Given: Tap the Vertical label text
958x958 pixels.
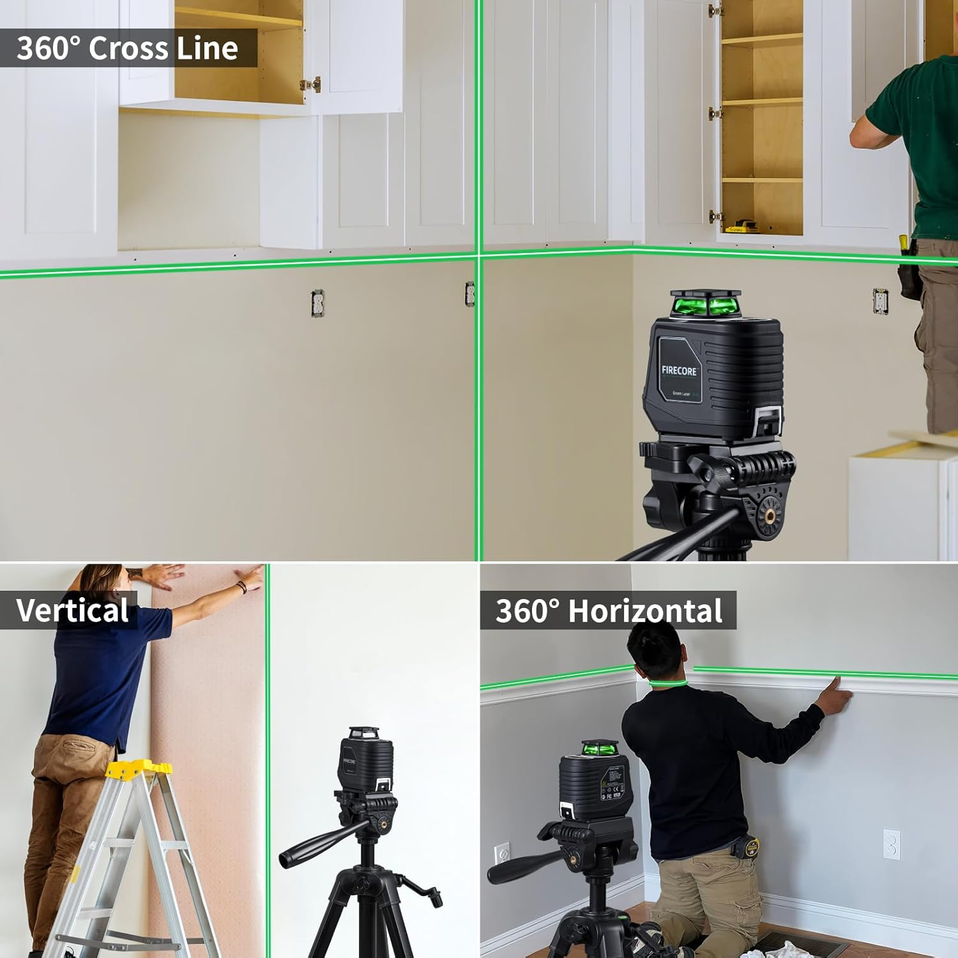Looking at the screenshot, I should [x=72, y=611].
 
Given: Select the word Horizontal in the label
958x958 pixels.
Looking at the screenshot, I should [x=645, y=611].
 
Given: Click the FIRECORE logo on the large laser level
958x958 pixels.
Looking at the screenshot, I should [x=679, y=370].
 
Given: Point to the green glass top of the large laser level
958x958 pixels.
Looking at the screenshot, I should [x=706, y=304].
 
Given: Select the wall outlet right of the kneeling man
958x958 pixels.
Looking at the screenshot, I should [x=892, y=844].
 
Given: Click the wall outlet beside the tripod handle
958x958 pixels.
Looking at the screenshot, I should [x=502, y=854].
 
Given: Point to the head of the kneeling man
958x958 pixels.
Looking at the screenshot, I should [x=655, y=651].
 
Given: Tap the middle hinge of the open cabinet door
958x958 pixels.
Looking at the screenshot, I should [x=715, y=114].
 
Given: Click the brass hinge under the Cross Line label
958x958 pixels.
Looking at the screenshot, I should [x=311, y=84].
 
